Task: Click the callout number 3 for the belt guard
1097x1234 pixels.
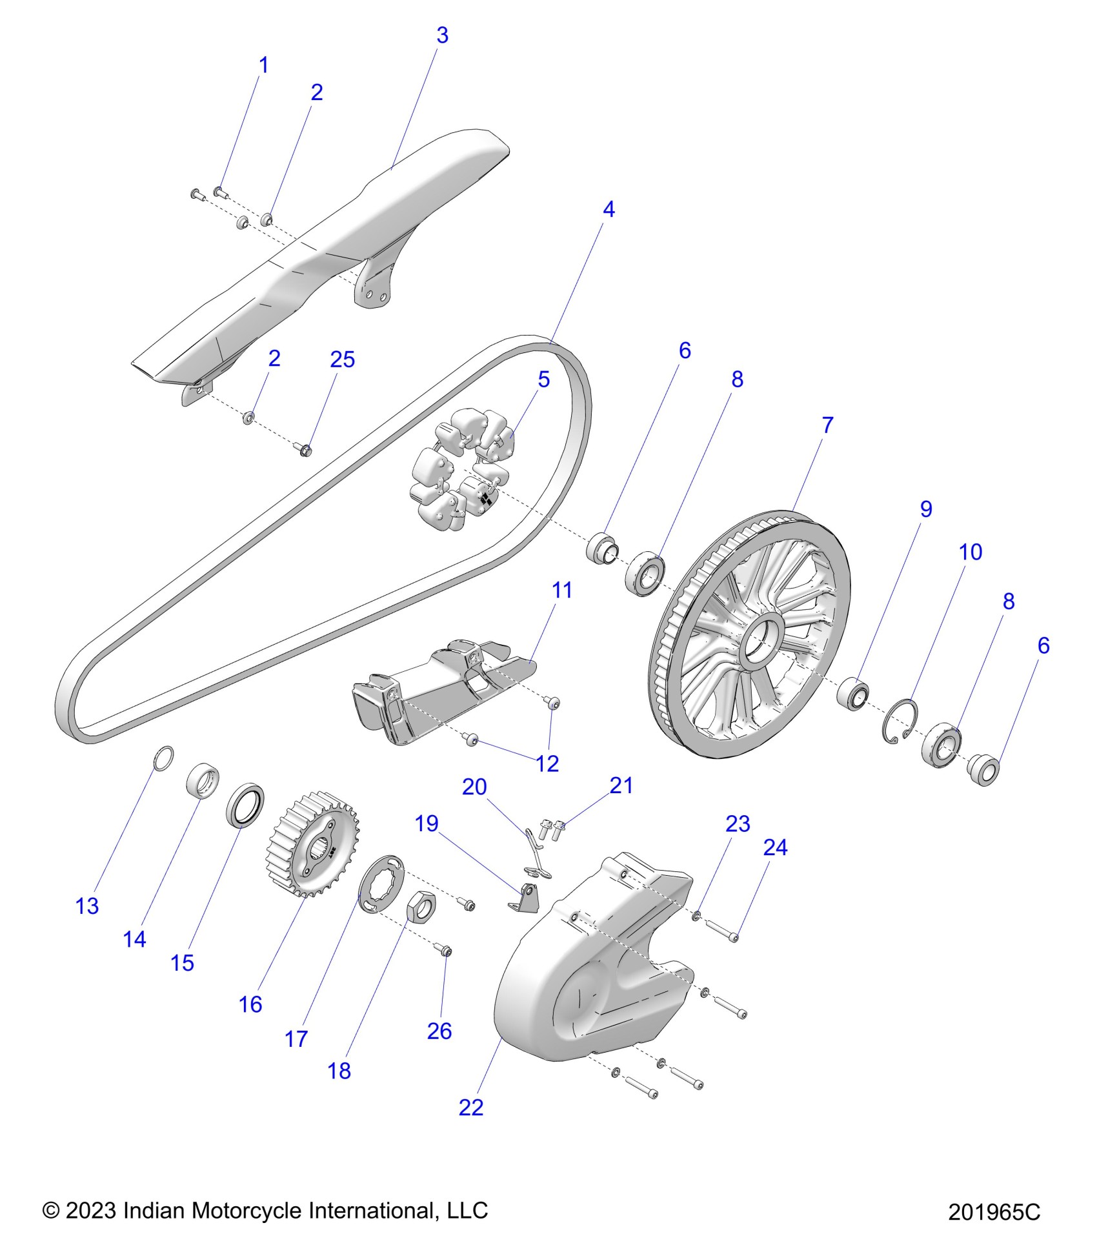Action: pyautogui.click(x=442, y=35)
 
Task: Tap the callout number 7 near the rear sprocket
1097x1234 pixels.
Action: pyautogui.click(x=827, y=425)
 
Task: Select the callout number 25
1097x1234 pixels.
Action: pyautogui.click(x=342, y=359)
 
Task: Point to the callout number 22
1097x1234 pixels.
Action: pyautogui.click(x=470, y=1107)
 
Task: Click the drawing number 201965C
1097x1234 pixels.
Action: pyautogui.click(x=994, y=1212)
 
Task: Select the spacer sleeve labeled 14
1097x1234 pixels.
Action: pyautogui.click(x=202, y=780)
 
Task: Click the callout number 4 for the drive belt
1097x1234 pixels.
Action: pyautogui.click(x=609, y=209)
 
